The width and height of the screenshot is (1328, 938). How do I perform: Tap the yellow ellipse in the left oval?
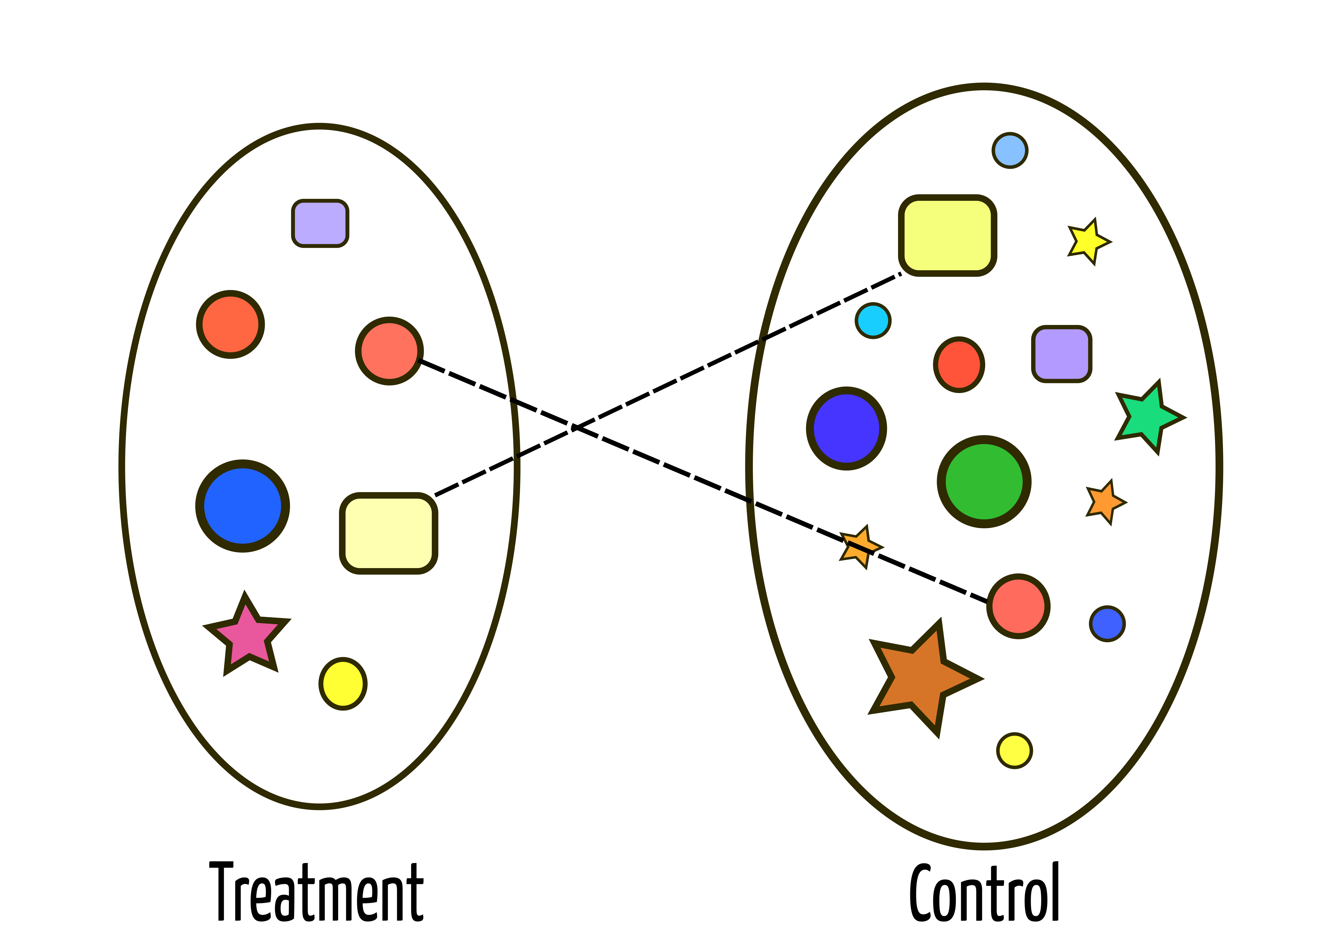[343, 684]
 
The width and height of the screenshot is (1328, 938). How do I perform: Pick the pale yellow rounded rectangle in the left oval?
[388, 533]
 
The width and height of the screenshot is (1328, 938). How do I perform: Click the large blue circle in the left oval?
[242, 506]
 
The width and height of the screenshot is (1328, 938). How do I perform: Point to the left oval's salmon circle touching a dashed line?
[389, 351]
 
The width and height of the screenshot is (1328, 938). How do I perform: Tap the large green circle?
[984, 481]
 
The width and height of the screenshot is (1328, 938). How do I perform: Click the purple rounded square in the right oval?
[1061, 354]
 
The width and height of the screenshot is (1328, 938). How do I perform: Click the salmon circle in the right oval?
[1018, 606]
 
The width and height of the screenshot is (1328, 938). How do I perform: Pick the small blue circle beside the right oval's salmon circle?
[1107, 624]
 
